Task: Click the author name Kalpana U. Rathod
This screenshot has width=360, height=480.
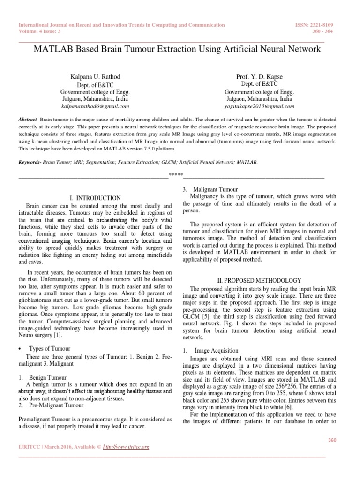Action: pos(95,76)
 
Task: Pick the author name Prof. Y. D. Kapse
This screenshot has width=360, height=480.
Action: pos(259,76)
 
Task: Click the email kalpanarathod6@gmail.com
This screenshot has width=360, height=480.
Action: pos(95,107)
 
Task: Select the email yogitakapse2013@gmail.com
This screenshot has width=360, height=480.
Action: pos(259,107)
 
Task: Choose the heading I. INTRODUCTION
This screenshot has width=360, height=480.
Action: pos(95,198)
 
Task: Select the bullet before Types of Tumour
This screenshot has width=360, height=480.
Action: pos(21,349)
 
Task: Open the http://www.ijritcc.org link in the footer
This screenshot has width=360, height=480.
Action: pos(126,447)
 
